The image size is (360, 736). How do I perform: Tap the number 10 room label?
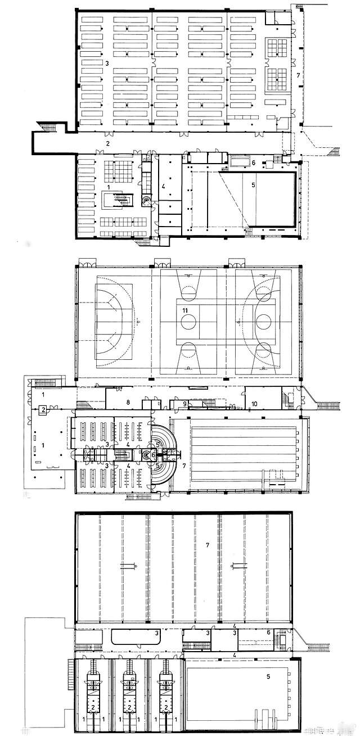(254, 404)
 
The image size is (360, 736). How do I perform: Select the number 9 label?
(184, 404)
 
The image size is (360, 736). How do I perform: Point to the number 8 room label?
(128, 402)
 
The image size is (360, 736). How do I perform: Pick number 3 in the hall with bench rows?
(106, 63)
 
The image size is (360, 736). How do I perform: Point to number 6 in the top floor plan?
(254, 162)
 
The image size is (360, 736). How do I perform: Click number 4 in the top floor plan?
(164, 185)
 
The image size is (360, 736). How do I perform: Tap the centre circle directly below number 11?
(188, 323)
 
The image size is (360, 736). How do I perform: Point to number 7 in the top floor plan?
(298, 74)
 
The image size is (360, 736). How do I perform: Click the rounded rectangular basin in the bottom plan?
(129, 636)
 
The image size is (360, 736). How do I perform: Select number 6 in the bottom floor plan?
(268, 633)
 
